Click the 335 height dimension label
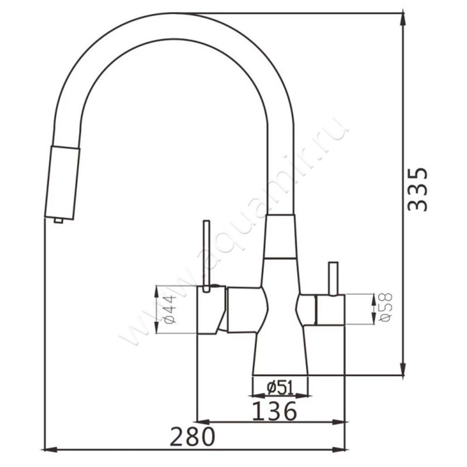coord(417,189)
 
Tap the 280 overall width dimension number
coord(192,436)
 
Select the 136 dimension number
coord(274,411)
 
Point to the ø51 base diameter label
coord(280,388)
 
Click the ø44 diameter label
coord(170,309)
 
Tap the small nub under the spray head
coord(58,221)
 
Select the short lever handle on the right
coord(333,278)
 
